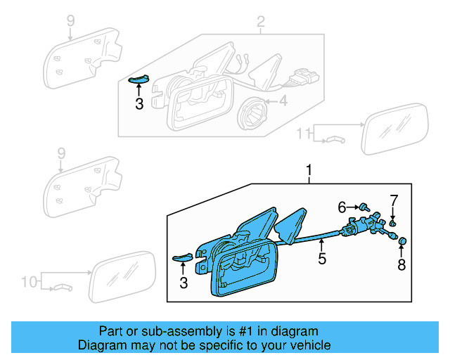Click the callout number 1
pyautogui.click(x=307, y=169)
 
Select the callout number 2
pyautogui.click(x=260, y=24)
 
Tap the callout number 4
pyautogui.click(x=283, y=102)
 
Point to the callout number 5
pyautogui.click(x=321, y=258)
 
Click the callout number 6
pyautogui.click(x=342, y=207)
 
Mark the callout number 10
pyautogui.click(x=29, y=282)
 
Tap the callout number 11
pyautogui.click(x=303, y=133)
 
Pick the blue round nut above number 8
pyautogui.click(x=403, y=242)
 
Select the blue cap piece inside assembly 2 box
pyautogui.click(x=137, y=80)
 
